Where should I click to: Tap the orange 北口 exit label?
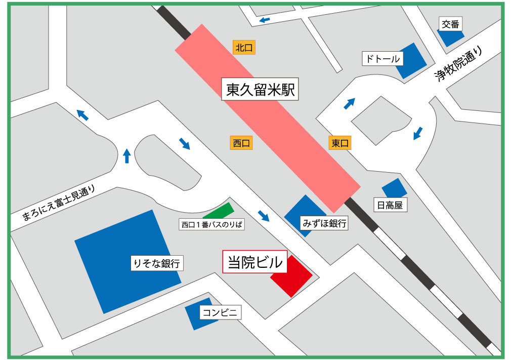(243, 48)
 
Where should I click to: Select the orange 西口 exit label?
(242, 143)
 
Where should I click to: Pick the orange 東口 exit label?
(340, 143)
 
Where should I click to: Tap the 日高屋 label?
(390, 205)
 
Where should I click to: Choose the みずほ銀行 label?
(324, 223)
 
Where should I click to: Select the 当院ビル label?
(255, 262)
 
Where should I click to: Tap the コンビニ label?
(220, 312)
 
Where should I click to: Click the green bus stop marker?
(219, 210)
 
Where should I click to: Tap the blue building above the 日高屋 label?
(394, 188)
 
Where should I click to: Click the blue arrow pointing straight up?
(126, 155)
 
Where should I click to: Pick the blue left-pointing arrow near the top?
(264, 20)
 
